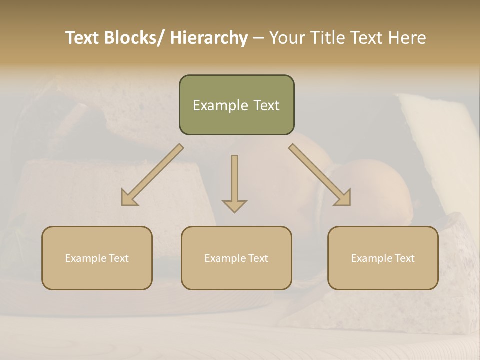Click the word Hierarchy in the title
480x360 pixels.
coord(209,38)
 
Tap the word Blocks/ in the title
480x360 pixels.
coord(134,38)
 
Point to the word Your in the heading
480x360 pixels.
coord(287,38)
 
